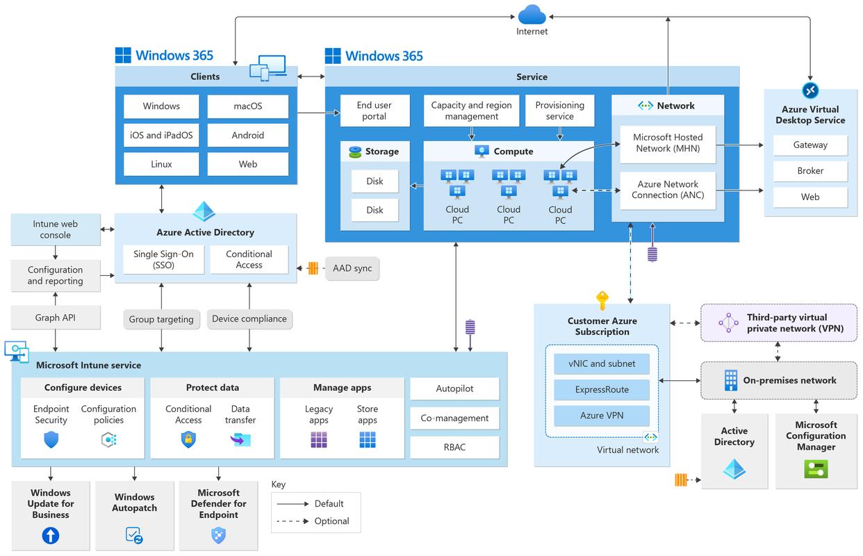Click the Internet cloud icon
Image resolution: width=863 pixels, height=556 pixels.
click(532, 14)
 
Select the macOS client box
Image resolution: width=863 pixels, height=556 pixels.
click(248, 106)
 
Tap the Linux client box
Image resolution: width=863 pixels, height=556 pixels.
click(161, 164)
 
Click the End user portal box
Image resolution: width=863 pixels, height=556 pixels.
click(374, 111)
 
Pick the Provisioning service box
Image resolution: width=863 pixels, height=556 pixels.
click(559, 111)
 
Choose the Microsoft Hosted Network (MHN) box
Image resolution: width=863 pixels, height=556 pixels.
click(668, 143)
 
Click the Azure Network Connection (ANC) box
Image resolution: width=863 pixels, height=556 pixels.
click(668, 190)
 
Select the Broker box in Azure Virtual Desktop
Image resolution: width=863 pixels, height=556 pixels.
click(810, 171)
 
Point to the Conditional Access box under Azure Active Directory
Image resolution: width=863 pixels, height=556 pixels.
click(249, 260)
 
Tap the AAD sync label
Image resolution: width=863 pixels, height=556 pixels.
click(352, 268)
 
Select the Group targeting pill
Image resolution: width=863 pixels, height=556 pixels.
click(161, 319)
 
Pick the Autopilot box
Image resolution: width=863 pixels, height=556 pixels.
click(454, 389)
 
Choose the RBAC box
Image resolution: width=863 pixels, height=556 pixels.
click(454, 447)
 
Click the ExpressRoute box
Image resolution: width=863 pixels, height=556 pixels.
click(602, 390)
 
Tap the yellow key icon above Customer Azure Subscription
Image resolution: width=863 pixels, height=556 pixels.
click(602, 301)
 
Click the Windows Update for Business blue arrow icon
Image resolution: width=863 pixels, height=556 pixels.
click(51, 536)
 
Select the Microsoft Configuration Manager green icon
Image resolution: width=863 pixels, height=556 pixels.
click(816, 470)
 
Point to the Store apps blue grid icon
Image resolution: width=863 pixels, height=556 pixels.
click(368, 439)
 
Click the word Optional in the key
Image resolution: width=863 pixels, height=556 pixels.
click(332, 521)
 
